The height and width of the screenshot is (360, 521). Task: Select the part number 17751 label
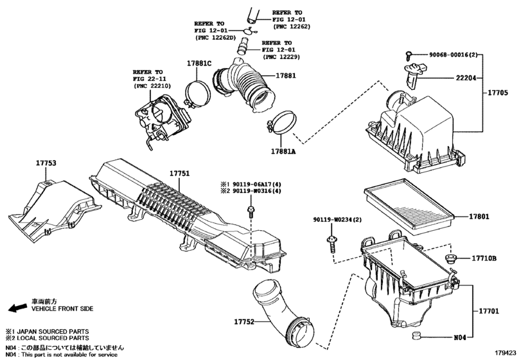pos(181,174)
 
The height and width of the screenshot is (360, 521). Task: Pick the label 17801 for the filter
pos(479,217)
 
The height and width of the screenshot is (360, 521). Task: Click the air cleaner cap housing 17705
pos(414,132)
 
